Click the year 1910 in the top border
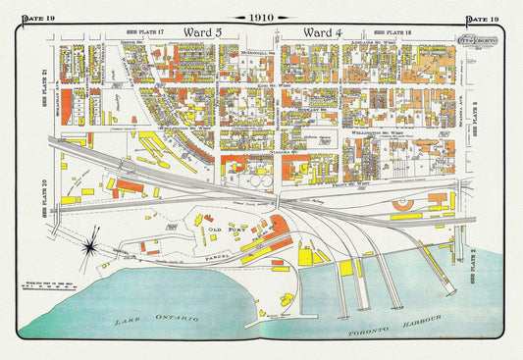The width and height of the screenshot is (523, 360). coord(261,18)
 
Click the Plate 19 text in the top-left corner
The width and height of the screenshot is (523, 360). coord(30,20)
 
